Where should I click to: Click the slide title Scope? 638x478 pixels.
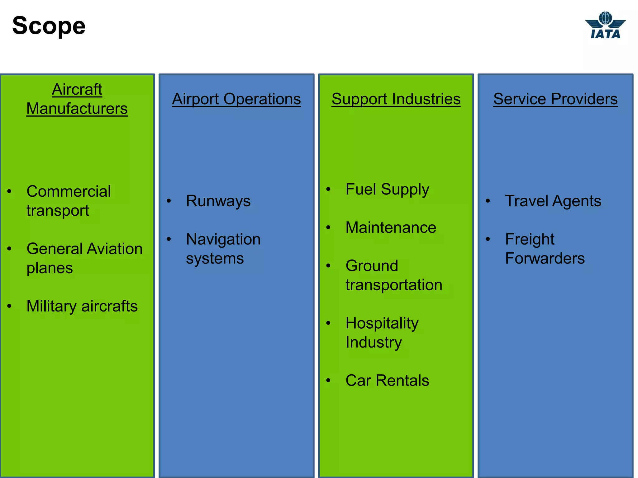(49, 26)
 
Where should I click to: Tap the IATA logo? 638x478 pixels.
(605, 26)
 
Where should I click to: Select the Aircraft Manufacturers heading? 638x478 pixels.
(77, 99)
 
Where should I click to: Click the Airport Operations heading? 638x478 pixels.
(236, 99)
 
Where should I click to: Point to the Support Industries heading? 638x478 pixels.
(396, 99)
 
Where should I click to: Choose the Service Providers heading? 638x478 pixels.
(555, 99)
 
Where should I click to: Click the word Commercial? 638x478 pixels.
(69, 191)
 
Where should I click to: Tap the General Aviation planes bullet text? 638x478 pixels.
(84, 258)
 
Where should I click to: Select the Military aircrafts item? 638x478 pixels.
(82, 306)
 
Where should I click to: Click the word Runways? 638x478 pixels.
(218, 201)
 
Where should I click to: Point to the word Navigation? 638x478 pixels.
(223, 239)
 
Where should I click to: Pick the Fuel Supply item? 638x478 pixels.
(387, 189)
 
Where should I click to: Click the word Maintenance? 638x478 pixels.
(391, 227)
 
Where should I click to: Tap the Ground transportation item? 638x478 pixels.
(394, 275)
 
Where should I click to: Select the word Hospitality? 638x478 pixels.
(382, 323)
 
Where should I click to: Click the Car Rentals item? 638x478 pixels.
(387, 380)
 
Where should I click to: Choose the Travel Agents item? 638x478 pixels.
(553, 201)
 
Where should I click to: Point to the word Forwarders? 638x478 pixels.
(545, 258)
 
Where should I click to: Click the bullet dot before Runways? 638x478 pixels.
(169, 201)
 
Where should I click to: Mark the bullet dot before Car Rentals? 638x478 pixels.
(328, 380)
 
